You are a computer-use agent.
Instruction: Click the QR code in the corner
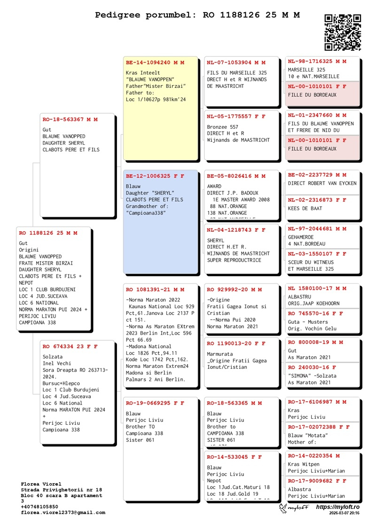(x=343, y=32)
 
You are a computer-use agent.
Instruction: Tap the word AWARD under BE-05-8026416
(x=214, y=187)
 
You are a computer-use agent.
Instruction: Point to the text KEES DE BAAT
(x=305, y=208)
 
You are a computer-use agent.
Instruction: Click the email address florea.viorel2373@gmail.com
(x=63, y=513)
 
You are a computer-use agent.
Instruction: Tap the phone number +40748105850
(x=39, y=507)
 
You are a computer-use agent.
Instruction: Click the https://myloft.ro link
(x=337, y=508)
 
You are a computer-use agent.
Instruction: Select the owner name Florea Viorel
(x=41, y=484)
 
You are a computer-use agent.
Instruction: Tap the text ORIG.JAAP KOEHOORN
(x=313, y=304)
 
